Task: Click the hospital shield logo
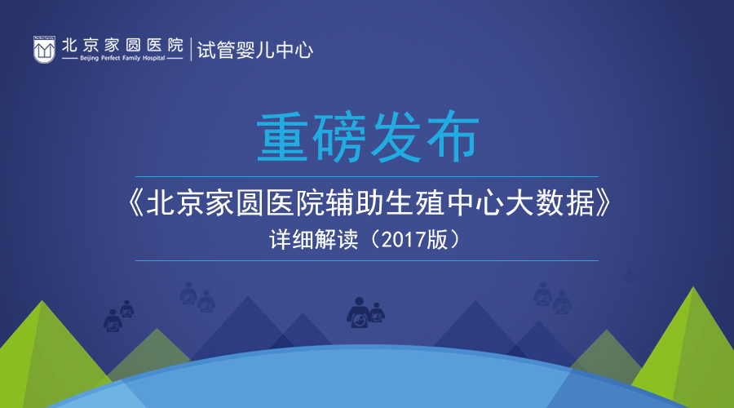(x=44, y=49)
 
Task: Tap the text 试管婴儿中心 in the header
(x=255, y=50)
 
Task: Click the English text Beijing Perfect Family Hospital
(x=122, y=58)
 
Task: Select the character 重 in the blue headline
(x=282, y=137)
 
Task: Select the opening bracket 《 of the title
(x=135, y=203)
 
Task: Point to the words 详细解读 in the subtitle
(x=314, y=240)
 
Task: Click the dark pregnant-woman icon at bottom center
(x=365, y=312)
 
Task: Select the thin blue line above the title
(x=367, y=176)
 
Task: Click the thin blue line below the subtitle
(x=367, y=260)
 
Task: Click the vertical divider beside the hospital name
(x=191, y=49)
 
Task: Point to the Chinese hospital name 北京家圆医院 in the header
(x=122, y=45)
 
